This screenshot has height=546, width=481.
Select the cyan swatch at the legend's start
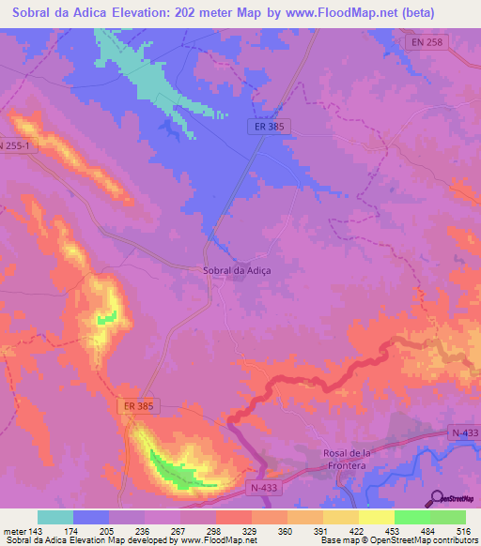click(54, 517)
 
